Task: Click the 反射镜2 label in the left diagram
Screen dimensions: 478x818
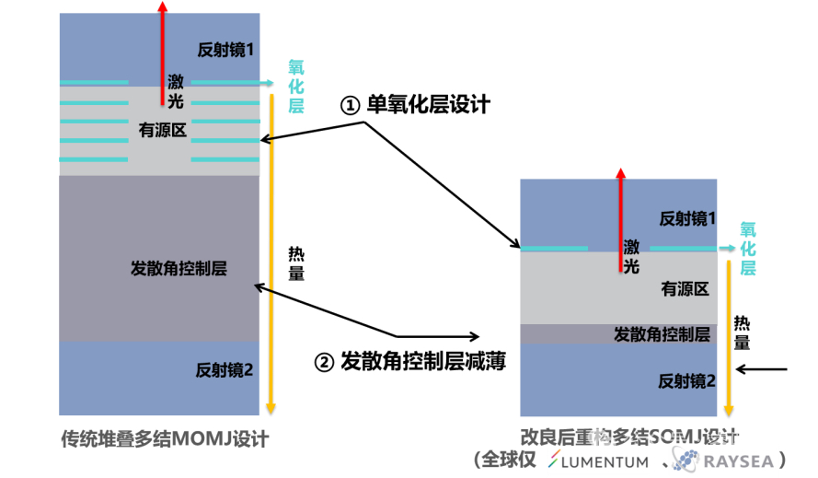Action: click(225, 370)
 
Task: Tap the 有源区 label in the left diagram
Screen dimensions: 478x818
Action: click(163, 131)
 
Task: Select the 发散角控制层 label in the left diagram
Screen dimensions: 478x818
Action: click(179, 269)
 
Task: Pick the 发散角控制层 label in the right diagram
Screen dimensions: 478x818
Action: click(661, 334)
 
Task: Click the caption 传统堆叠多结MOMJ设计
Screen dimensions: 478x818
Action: click(164, 439)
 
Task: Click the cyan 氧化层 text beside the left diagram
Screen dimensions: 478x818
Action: click(295, 87)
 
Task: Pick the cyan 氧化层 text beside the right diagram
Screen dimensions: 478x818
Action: click(748, 248)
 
